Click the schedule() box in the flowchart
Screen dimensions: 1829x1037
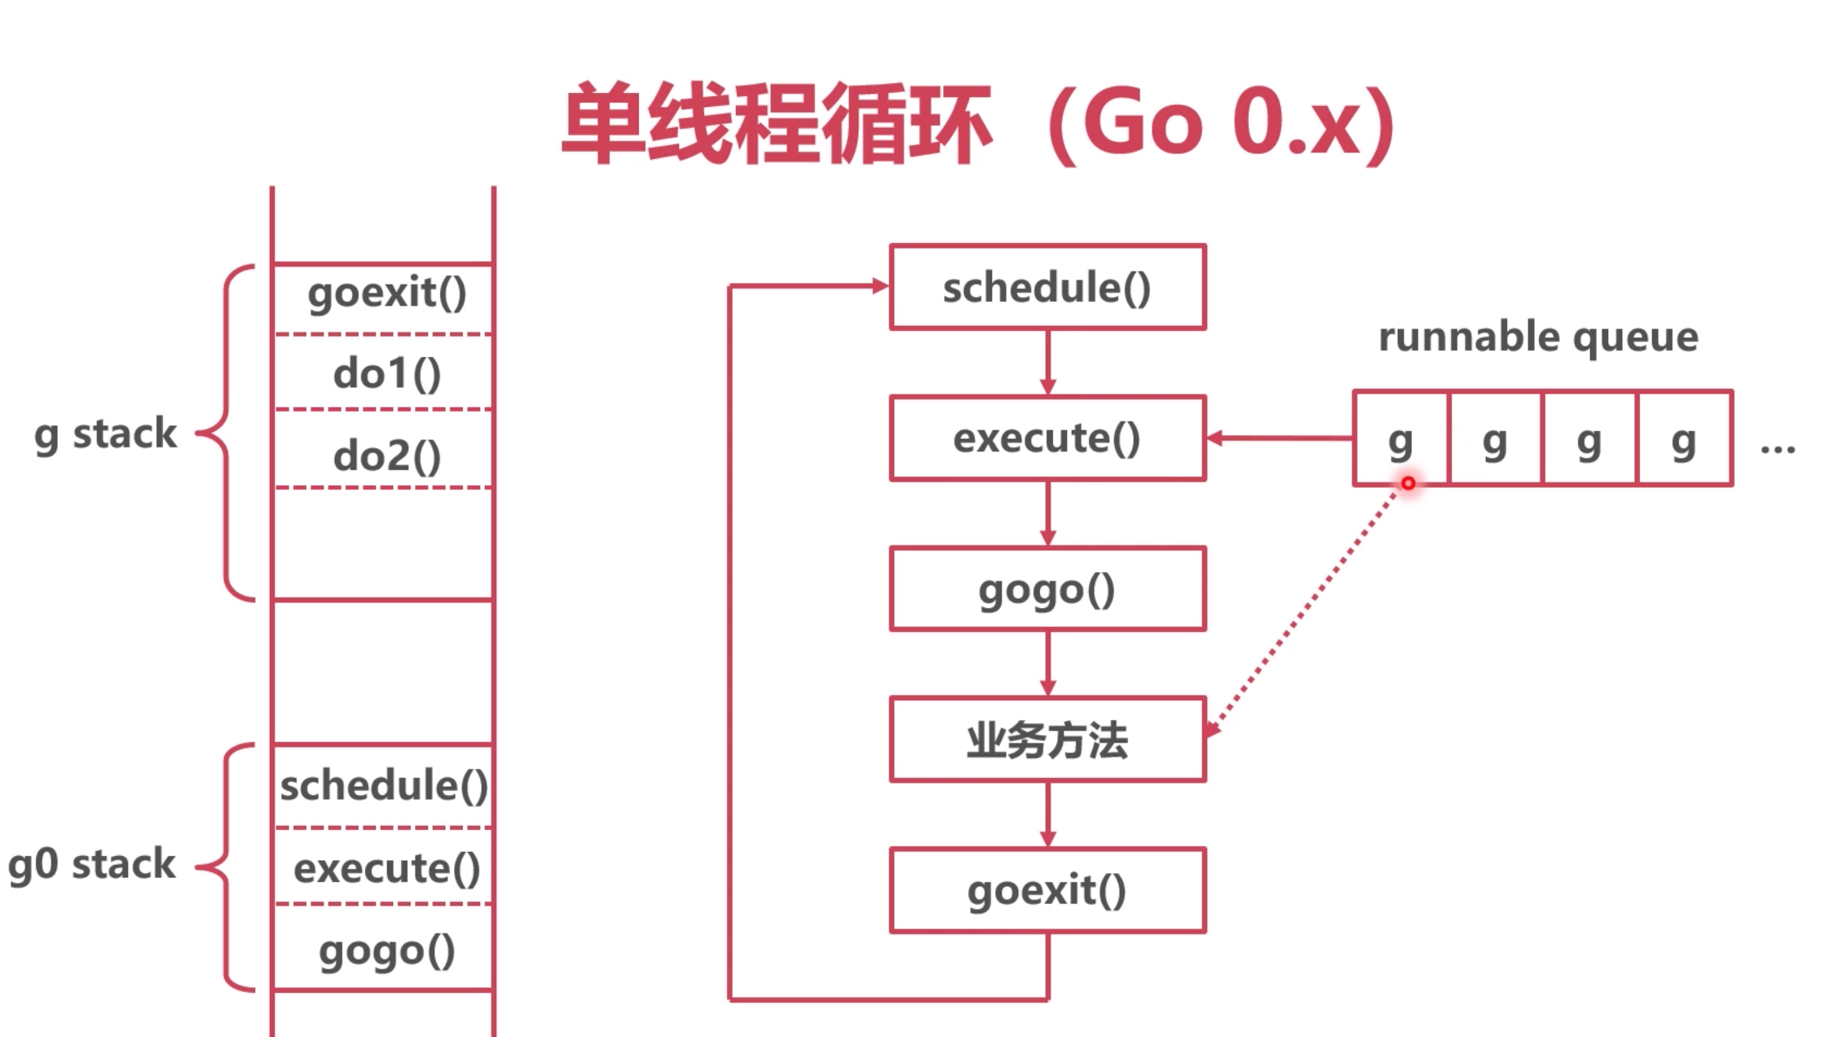1047,287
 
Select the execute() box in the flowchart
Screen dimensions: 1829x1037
1047,439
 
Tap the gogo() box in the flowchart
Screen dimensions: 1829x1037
1047,589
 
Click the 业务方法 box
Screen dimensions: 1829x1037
1047,739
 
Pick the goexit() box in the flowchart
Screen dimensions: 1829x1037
1047,890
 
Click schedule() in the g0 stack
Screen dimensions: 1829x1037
384,786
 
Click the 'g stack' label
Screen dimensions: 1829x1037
105,435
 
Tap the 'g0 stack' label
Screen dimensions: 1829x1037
91,865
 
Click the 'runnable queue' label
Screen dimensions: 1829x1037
1538,338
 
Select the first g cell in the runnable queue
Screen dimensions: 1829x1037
1400,439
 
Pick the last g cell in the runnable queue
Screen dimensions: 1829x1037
1684,439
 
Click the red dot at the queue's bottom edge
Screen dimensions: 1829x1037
1408,483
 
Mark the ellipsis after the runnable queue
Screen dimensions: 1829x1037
1778,448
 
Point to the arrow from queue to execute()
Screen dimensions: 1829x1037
1280,439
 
